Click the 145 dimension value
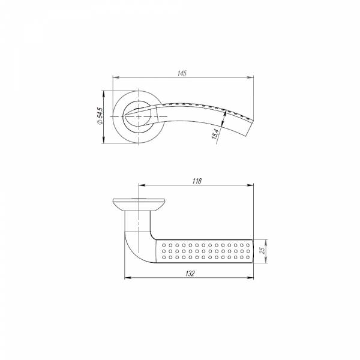183,73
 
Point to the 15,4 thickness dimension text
214,137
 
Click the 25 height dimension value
262,250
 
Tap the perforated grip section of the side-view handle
204,251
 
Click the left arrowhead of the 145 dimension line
116,77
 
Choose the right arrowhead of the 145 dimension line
250,77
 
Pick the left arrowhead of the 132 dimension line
125,278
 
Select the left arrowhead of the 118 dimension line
141,185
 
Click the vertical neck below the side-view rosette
139,219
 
